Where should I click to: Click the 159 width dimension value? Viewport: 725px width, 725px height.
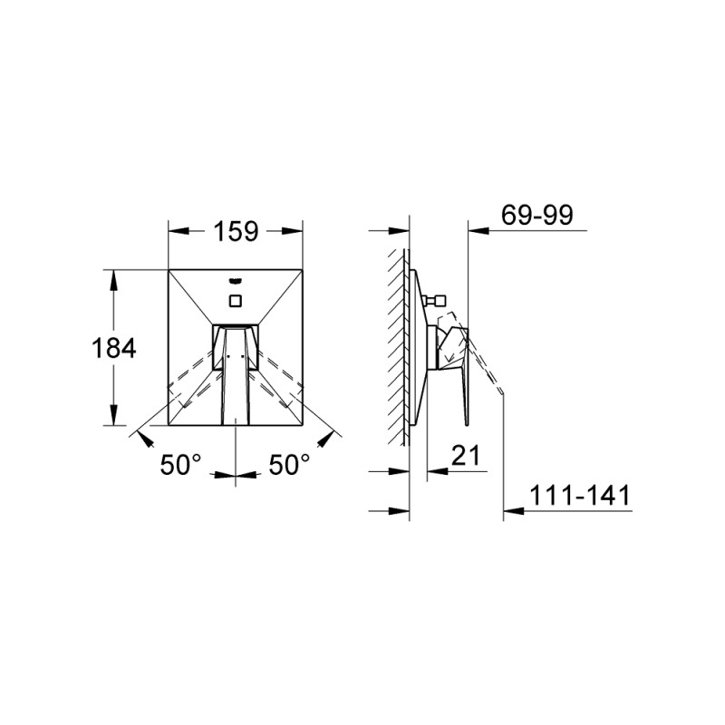tap(236, 232)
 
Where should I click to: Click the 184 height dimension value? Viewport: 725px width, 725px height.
tap(114, 348)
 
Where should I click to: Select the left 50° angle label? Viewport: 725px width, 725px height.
tap(180, 464)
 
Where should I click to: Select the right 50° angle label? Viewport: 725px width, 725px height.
tap(289, 464)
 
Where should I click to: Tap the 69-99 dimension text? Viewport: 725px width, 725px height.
tap(537, 215)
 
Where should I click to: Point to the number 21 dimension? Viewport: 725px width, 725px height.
tap(466, 456)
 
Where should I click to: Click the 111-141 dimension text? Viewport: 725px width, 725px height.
tap(580, 495)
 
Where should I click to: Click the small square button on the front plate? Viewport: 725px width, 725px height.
tap(236, 301)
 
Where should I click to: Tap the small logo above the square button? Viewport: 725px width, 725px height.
tap(236, 280)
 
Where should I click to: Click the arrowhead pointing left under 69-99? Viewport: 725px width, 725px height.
tap(478, 230)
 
